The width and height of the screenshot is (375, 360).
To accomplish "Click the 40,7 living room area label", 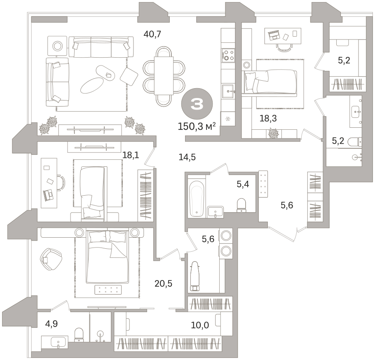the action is click(152, 35).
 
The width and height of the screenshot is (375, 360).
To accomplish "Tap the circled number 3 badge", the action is click(197, 104).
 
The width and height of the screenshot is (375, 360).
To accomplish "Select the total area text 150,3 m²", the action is click(197, 126).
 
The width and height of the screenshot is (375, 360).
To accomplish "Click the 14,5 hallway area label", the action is click(187, 157).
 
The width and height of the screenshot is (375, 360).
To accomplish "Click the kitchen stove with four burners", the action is click(228, 55).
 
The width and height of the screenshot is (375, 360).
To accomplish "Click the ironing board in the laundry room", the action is click(195, 276).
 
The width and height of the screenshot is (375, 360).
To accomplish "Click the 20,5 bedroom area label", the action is click(163, 284).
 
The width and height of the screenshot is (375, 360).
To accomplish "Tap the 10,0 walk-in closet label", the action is click(200, 325).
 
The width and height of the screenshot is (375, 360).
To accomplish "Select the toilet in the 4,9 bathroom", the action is click(79, 334).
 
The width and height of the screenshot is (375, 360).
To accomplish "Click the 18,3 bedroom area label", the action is click(268, 118).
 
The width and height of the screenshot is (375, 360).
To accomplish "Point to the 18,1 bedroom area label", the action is click(131, 155).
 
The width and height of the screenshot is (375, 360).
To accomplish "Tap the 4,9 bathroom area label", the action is click(52, 324).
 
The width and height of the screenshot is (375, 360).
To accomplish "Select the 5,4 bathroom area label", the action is click(243, 184).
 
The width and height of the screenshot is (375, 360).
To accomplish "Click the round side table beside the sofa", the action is click(57, 46).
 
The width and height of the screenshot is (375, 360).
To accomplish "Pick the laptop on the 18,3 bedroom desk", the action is click(274, 35).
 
